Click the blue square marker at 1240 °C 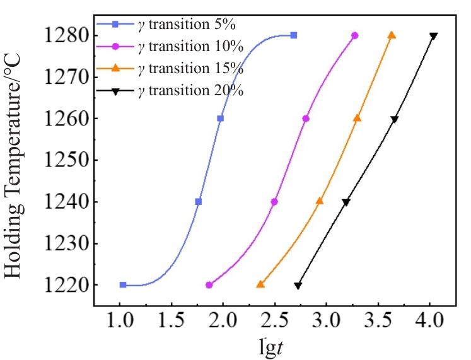click(x=199, y=202)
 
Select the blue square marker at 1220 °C click(x=123, y=285)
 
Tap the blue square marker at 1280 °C click(x=294, y=35)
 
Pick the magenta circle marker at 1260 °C click(x=306, y=119)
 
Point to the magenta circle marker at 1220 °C click(x=209, y=285)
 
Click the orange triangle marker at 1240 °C click(x=320, y=201)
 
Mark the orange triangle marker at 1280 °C click(x=392, y=35)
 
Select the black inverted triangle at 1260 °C click(x=395, y=119)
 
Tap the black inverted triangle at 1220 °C click(x=298, y=286)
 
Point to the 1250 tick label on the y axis click(x=66, y=160)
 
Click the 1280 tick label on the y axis click(x=66, y=35)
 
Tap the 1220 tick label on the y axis click(x=66, y=285)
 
